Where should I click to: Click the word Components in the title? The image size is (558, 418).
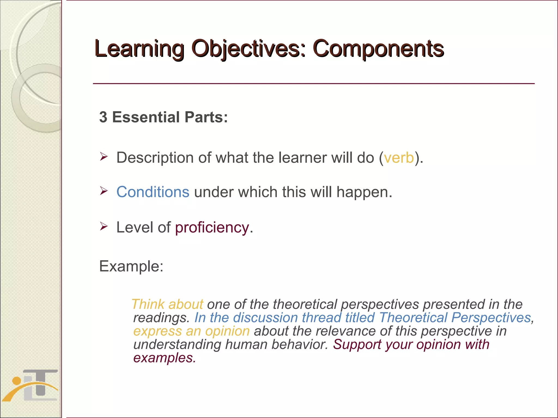pos(378,49)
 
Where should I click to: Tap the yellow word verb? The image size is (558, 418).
pos(399,158)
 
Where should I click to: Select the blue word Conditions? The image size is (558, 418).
pos(153,192)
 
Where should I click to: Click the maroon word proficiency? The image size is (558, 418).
pos(212,228)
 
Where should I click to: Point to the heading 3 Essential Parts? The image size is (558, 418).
pos(163,117)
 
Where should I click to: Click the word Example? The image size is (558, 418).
pos(131,266)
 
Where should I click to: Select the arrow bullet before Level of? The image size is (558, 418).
pos(104,226)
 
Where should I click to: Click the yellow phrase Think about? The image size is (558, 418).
pos(167,304)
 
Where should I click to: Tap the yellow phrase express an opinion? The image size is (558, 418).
pos(191,331)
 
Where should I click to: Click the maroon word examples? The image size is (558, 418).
pos(164,358)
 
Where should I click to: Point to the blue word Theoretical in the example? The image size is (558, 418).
pos(413,318)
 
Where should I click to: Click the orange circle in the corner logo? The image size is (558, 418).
pos(17,381)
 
